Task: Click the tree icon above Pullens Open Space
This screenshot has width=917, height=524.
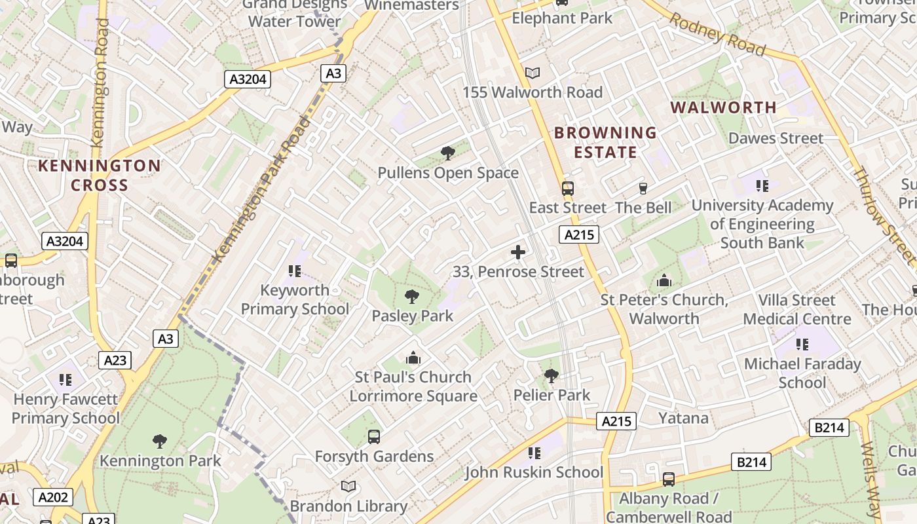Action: pos(448,154)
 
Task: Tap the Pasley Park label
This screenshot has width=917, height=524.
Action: pos(412,316)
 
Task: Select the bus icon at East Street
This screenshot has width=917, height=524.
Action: pos(567,189)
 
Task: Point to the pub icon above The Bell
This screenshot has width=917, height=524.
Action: pos(643,189)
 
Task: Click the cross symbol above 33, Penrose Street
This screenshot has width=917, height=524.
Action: pos(518,252)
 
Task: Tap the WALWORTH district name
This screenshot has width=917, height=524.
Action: pos(724,107)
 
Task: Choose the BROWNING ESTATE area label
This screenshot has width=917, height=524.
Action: pos(605,143)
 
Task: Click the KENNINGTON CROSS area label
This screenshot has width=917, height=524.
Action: pos(100,176)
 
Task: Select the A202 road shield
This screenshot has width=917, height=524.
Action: pos(53,497)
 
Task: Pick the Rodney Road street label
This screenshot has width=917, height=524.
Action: pos(717,35)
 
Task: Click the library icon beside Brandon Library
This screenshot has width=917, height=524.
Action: pos(348,487)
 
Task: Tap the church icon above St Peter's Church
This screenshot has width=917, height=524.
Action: pos(664,281)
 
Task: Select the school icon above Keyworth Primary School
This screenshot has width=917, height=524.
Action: pos(294,271)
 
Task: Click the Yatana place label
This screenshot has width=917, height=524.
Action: pos(683,418)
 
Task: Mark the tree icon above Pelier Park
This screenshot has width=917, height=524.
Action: pos(552,376)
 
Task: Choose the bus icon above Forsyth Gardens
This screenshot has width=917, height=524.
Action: pos(374,437)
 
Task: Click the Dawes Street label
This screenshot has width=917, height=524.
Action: pos(776,138)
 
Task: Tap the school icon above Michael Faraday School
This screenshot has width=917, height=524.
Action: pos(802,344)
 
